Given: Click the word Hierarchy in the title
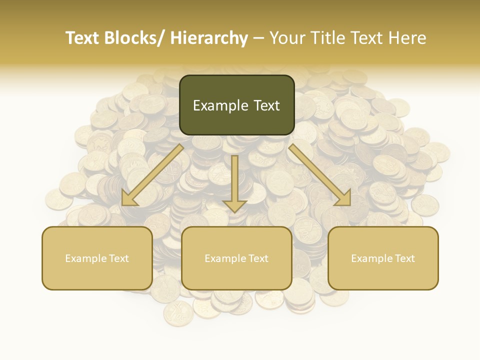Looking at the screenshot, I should click(x=208, y=38).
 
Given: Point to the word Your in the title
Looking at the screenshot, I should click(x=286, y=38).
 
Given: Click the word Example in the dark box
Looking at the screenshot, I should click(x=220, y=105).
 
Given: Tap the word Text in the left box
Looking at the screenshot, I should click(x=119, y=258).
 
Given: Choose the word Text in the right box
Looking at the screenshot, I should click(x=405, y=258).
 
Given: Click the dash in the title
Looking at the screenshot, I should click(x=258, y=38).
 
